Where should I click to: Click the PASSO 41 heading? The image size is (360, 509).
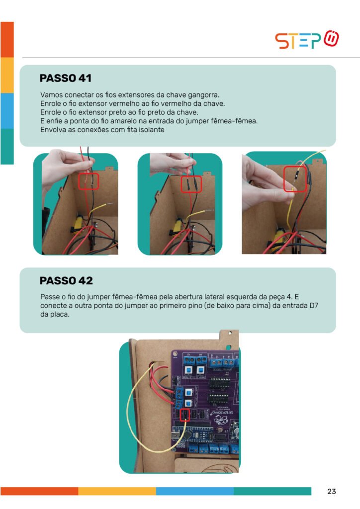(66, 78)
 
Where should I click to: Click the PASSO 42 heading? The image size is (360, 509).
(66, 281)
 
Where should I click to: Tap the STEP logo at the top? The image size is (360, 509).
(307, 40)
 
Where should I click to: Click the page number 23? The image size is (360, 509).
(332, 492)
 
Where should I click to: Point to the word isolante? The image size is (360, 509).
(152, 130)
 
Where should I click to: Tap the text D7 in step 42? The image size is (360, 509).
(314, 306)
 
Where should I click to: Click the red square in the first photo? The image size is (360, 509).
(89, 181)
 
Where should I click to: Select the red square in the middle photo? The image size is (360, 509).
(191, 184)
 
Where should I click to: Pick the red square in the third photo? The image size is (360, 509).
(295, 178)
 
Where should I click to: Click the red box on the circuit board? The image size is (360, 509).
(184, 415)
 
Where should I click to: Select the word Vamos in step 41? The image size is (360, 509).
(51, 95)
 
